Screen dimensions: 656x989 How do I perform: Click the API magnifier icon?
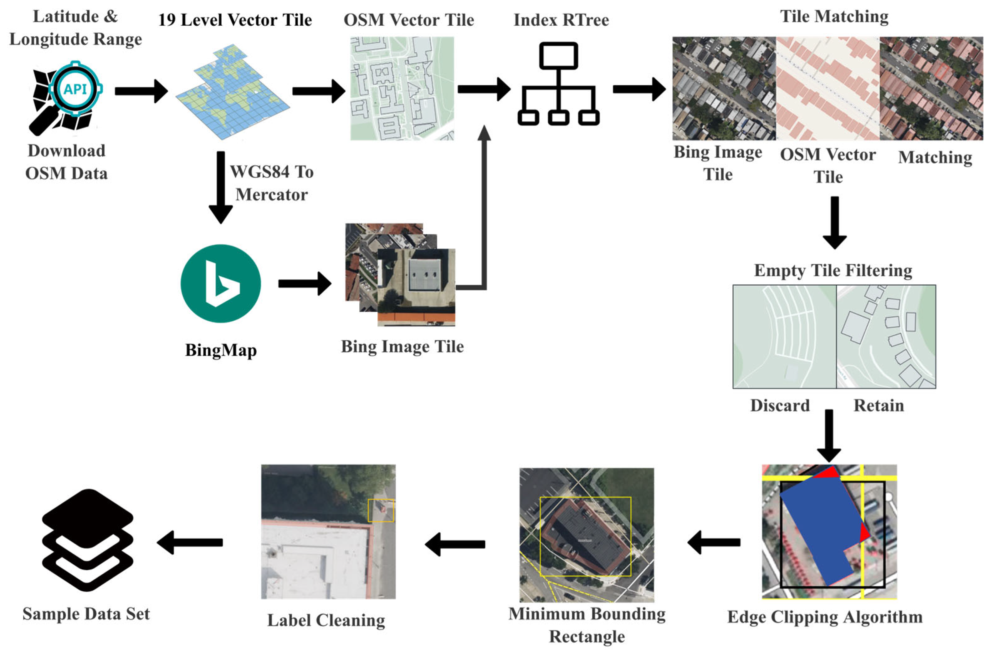tap(67, 96)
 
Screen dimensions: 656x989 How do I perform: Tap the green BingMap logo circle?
tap(221, 284)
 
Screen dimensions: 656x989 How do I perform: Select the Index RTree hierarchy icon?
tap(558, 84)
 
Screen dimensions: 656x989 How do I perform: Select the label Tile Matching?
tap(834, 17)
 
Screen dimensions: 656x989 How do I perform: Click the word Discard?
tap(780, 405)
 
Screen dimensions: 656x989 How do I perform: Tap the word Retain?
tap(879, 405)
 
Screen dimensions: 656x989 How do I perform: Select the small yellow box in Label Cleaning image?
tap(381, 511)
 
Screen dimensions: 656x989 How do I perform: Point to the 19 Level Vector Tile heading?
tap(235, 20)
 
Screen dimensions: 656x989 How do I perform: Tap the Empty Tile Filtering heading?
tap(833, 270)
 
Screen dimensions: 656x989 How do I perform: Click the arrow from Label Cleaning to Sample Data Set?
tap(190, 543)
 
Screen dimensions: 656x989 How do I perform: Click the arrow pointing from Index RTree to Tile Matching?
tap(639, 89)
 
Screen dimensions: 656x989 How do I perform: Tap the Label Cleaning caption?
tap(326, 620)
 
